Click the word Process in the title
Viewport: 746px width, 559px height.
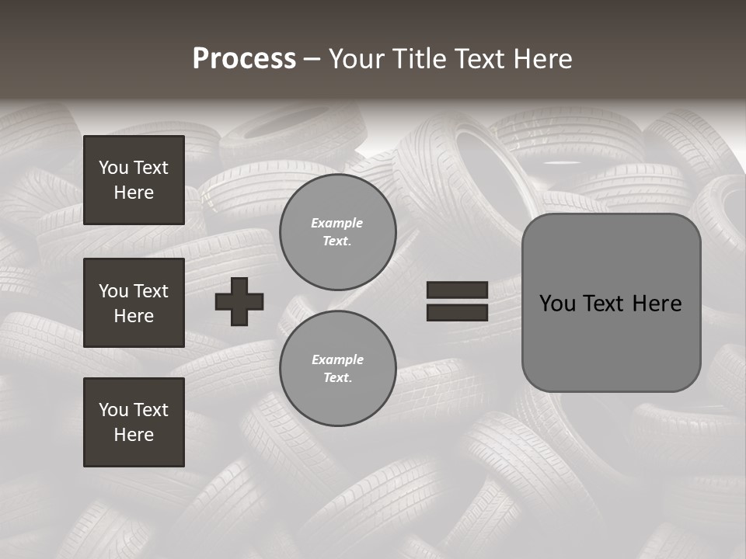pyautogui.click(x=244, y=59)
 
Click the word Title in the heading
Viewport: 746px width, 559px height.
pyautogui.click(x=417, y=59)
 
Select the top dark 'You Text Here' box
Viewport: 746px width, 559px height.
pyautogui.click(x=134, y=180)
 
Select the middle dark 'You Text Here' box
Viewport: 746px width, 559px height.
pyautogui.click(x=134, y=303)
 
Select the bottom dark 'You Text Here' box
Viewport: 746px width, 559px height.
pyautogui.click(x=134, y=422)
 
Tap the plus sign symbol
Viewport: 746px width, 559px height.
pyautogui.click(x=239, y=301)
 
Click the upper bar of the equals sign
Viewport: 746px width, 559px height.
pyautogui.click(x=457, y=290)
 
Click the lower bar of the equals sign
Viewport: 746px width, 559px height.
pyautogui.click(x=457, y=312)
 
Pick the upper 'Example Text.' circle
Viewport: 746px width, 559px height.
pyautogui.click(x=337, y=232)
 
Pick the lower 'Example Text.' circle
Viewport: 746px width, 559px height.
pyautogui.click(x=337, y=369)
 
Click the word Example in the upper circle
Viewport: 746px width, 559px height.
pyautogui.click(x=337, y=223)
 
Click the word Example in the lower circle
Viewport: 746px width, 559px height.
pyautogui.click(x=337, y=359)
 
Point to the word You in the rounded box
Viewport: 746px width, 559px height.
pyautogui.click(x=557, y=304)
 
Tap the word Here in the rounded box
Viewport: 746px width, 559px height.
pyautogui.click(x=657, y=304)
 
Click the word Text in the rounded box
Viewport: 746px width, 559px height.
pyautogui.click(x=605, y=304)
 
